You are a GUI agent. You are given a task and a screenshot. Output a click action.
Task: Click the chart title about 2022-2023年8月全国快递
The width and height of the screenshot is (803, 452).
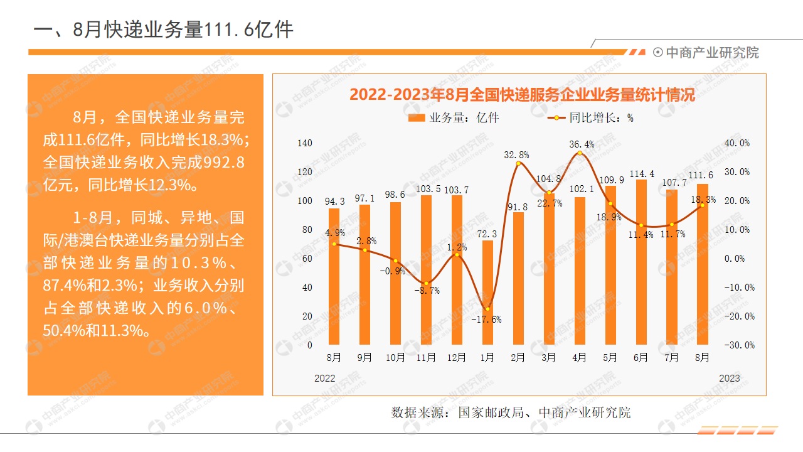click(x=522, y=96)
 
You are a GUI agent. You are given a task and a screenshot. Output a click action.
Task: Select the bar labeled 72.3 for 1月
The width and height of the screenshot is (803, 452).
click(x=487, y=293)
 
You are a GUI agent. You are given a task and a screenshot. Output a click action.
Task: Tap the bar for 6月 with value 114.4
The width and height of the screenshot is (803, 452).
click(x=641, y=262)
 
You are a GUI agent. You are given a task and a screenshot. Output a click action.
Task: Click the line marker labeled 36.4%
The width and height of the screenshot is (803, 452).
click(x=580, y=153)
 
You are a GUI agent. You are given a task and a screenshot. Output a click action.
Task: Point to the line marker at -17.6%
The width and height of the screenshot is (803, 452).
click(x=487, y=308)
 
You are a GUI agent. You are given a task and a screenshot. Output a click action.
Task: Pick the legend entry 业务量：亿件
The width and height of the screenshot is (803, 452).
click(x=454, y=117)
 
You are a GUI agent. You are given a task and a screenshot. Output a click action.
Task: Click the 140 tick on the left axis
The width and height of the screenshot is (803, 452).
click(x=304, y=143)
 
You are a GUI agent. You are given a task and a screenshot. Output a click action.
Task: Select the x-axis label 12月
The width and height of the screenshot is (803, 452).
click(x=457, y=358)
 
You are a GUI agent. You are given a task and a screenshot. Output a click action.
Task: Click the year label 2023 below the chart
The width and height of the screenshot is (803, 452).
click(x=729, y=378)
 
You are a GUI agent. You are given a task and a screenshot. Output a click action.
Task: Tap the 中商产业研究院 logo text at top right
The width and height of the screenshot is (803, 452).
click(x=712, y=53)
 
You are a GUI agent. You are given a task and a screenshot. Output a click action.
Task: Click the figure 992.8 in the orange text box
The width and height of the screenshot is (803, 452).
click(x=223, y=163)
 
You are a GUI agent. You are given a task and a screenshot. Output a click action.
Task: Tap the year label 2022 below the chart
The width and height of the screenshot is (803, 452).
click(x=325, y=378)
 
